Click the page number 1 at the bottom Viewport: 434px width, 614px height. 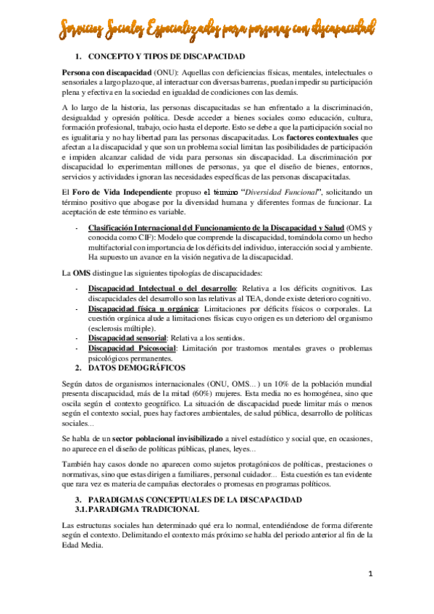click(369, 575)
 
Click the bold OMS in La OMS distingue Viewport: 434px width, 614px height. click(80, 272)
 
